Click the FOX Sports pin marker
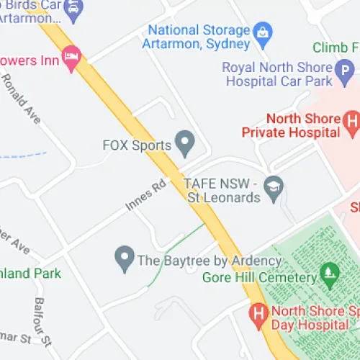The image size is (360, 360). pyautogui.click(x=186, y=143)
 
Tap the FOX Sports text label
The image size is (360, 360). pyautogui.click(x=137, y=145)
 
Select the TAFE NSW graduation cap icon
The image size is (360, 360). pyautogui.click(x=274, y=187)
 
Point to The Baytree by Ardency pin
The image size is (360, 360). pyautogui.click(x=125, y=256)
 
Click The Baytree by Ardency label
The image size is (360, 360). pyautogui.click(x=209, y=260)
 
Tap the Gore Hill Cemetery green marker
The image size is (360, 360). pyautogui.click(x=330, y=273)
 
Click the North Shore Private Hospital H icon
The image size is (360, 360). pyautogui.click(x=351, y=120)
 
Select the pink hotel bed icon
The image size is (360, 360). pyautogui.click(x=71, y=59)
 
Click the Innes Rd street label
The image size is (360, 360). pyautogui.click(x=145, y=195)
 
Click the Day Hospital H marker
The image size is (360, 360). pyautogui.click(x=257, y=314)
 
